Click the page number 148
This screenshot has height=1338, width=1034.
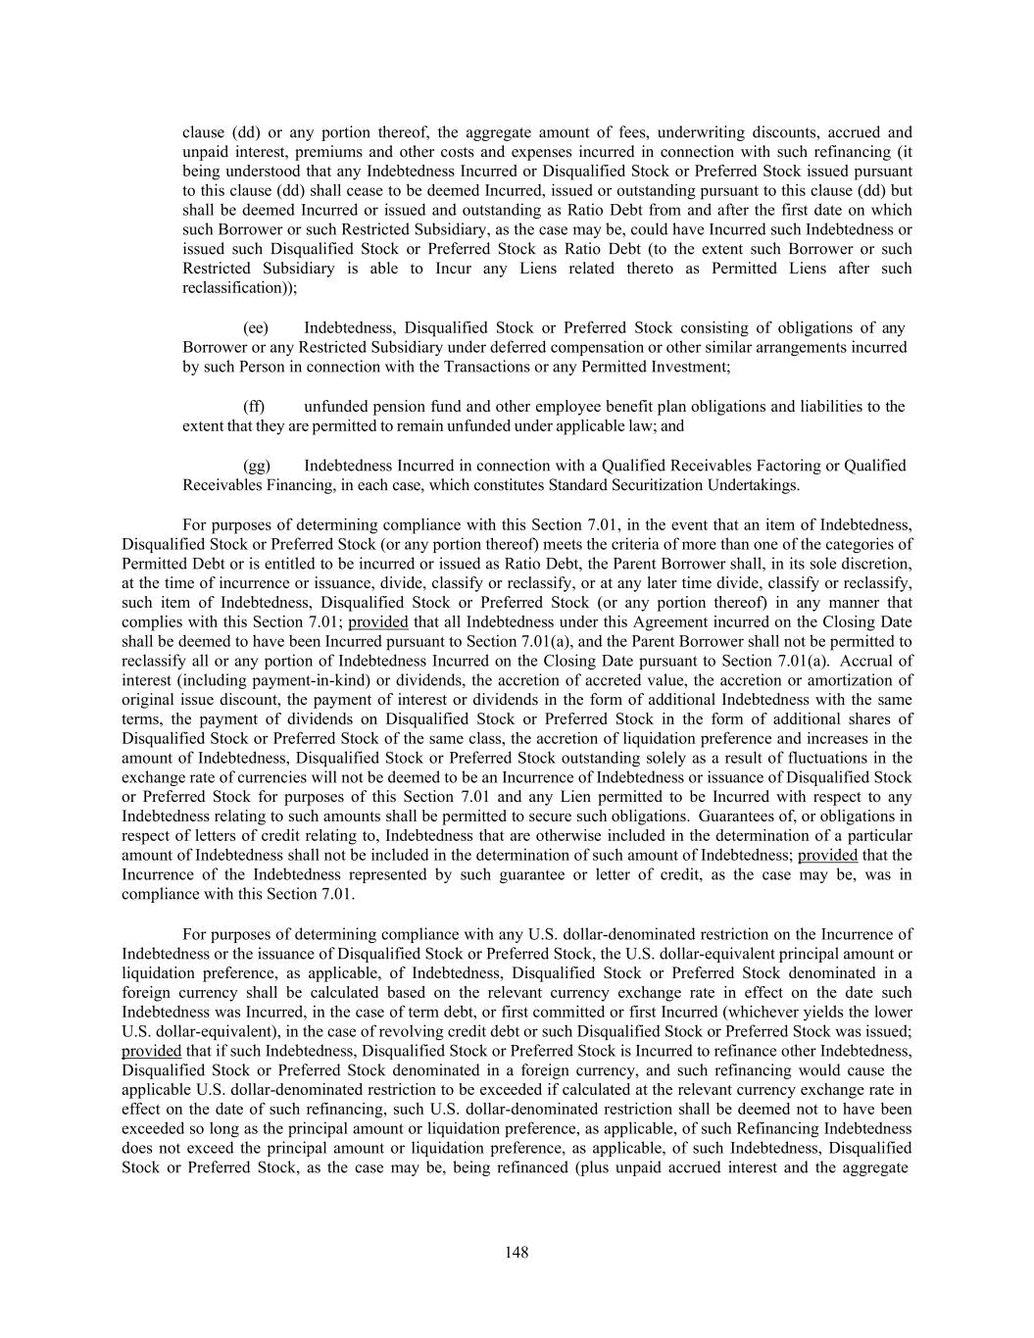(517, 1252)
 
